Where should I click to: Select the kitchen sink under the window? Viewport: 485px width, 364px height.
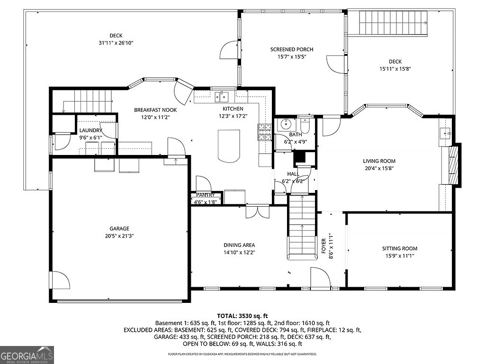(x=221, y=97)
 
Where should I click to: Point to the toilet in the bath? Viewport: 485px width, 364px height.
(x=305, y=126)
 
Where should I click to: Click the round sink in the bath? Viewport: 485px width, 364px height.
(x=286, y=125)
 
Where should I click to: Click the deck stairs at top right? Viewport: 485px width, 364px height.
(x=394, y=22)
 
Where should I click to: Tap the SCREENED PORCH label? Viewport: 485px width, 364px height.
(x=292, y=49)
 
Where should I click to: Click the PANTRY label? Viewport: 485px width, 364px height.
(x=206, y=195)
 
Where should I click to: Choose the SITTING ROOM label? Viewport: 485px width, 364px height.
(x=400, y=248)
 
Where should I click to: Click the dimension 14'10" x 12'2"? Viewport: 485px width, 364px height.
(x=239, y=252)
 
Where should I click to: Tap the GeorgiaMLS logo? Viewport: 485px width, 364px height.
(x=27, y=355)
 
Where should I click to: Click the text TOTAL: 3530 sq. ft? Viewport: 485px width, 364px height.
(x=242, y=316)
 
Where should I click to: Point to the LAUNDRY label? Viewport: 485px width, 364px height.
(x=90, y=130)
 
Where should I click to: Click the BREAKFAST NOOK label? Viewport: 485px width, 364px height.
(x=155, y=110)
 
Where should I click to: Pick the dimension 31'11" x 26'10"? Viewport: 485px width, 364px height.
(x=116, y=43)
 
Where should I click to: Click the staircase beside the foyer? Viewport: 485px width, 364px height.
(x=302, y=227)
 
